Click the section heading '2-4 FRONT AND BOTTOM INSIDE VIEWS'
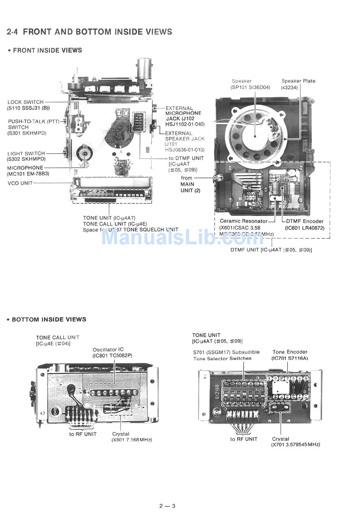click(89, 32)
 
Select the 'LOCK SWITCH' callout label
click(25, 102)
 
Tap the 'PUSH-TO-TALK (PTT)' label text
click(33, 122)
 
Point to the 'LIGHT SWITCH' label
click(26, 154)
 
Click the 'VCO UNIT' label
click(20, 183)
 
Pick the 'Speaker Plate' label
click(298, 81)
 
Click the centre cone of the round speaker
click(255, 136)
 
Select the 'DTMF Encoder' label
click(305, 221)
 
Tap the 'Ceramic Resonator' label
click(244, 221)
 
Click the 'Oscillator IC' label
click(108, 350)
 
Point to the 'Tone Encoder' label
click(290, 352)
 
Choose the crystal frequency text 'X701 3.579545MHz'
click(296, 444)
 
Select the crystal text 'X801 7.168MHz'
click(131, 440)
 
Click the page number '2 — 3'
click(167, 506)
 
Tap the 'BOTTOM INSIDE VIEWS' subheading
click(49, 319)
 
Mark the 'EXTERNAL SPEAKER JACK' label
click(184, 136)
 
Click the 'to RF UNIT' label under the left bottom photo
click(83, 434)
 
